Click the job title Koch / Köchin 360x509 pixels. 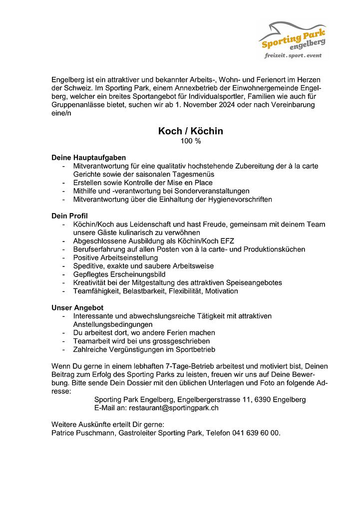tap(190, 131)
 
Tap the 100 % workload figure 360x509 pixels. tap(190, 142)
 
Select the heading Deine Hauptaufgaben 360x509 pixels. tap(88, 157)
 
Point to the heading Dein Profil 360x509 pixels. tap(69, 216)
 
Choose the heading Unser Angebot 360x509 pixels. tap(77, 307)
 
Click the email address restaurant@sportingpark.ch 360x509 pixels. tap(178, 408)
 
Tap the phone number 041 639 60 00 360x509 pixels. tap(256, 433)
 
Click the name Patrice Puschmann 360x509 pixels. tap(83, 433)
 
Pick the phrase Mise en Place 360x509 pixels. tap(190, 183)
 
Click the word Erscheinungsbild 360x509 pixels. tap(136, 274)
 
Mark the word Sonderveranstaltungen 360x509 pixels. tap(208, 191)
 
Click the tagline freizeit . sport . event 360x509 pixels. tap(293, 56)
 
